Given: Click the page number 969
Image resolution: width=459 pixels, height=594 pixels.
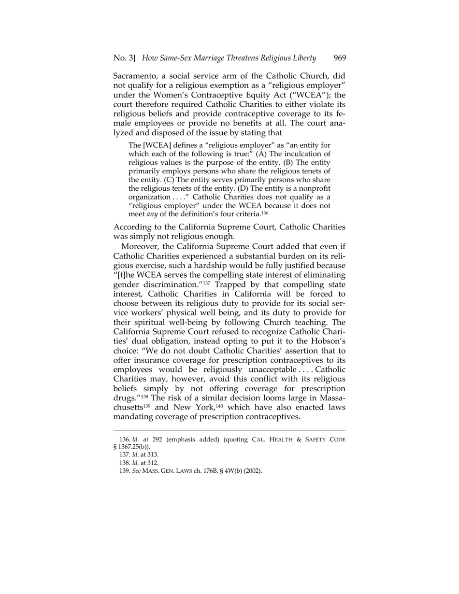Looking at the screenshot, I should (340, 58).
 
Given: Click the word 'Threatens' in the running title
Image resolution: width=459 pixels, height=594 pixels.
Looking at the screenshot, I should (234, 58).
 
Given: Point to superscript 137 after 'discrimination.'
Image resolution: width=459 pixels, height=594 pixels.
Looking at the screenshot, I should (206, 283).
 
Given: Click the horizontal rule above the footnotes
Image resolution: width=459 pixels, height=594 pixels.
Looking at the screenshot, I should (229, 431).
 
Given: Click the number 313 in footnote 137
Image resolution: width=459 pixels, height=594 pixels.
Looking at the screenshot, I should (153, 455).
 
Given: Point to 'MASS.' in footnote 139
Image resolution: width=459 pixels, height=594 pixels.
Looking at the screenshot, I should (150, 471).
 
